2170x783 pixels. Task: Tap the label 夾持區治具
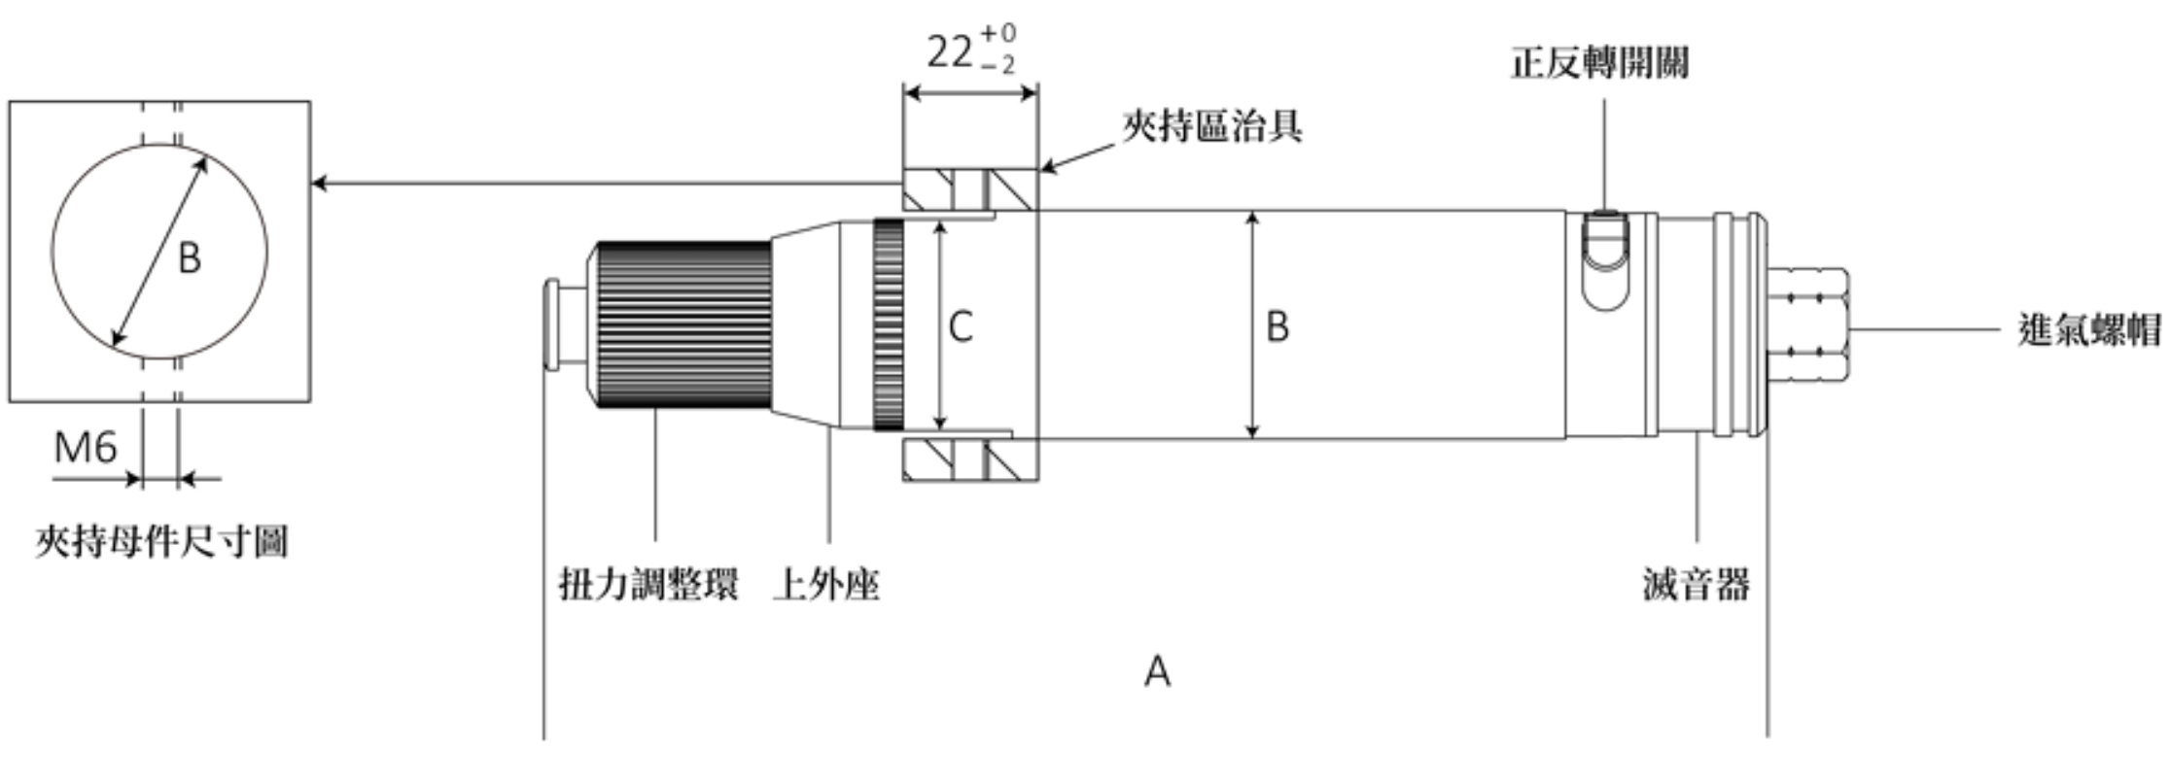(1211, 126)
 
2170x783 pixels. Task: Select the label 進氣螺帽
(2088, 329)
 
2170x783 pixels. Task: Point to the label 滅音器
(1697, 585)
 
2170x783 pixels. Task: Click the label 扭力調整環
(648, 585)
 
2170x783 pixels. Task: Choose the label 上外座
(825, 585)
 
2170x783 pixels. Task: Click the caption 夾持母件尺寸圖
(161, 541)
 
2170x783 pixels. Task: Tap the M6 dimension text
(86, 448)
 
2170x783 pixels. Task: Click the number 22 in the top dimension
(949, 51)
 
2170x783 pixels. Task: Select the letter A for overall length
(1157, 671)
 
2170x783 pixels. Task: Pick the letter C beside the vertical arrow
(961, 327)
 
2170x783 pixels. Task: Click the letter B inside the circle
(190, 258)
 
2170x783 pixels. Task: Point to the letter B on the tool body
(1277, 327)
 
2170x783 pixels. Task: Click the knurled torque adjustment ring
(684, 324)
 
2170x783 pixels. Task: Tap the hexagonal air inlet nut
(1810, 326)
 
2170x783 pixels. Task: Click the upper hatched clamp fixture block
(969, 190)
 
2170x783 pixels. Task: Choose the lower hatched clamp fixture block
(969, 460)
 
